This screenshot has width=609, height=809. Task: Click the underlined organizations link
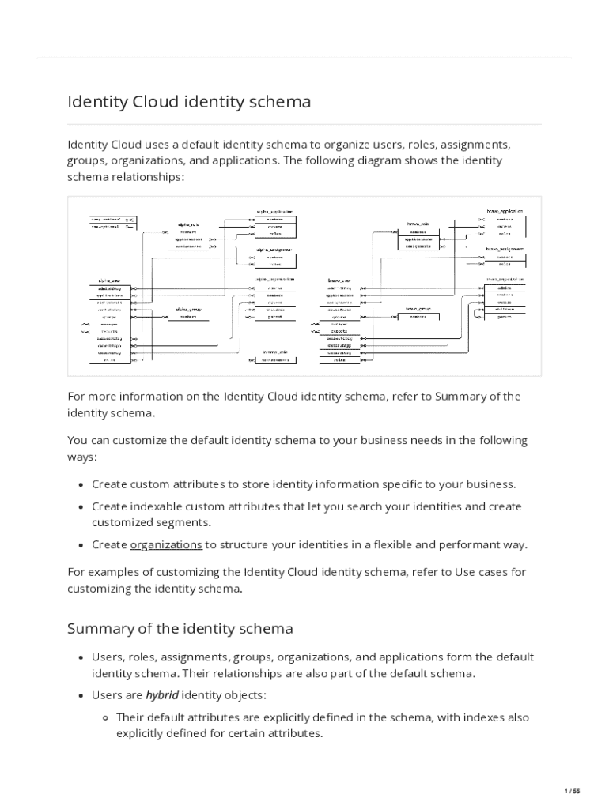[x=166, y=544]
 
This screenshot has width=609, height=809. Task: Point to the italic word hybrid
[x=163, y=695]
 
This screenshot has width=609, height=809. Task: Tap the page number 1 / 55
[x=573, y=791]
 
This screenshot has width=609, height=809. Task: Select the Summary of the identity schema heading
[x=180, y=629]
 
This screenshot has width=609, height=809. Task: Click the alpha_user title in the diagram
[x=109, y=280]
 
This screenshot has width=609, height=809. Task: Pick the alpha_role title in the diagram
[x=188, y=224]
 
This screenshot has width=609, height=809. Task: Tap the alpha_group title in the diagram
[x=188, y=309]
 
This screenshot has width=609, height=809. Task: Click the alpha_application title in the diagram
[x=274, y=211]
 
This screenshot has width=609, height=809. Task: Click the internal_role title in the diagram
[x=274, y=352]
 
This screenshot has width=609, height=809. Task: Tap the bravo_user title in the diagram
[x=339, y=280]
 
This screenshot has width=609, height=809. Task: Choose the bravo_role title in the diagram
[x=418, y=224]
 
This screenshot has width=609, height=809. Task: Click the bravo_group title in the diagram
[x=418, y=309]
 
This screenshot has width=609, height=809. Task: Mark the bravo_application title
[x=504, y=211]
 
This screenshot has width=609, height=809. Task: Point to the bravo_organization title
[x=504, y=279]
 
